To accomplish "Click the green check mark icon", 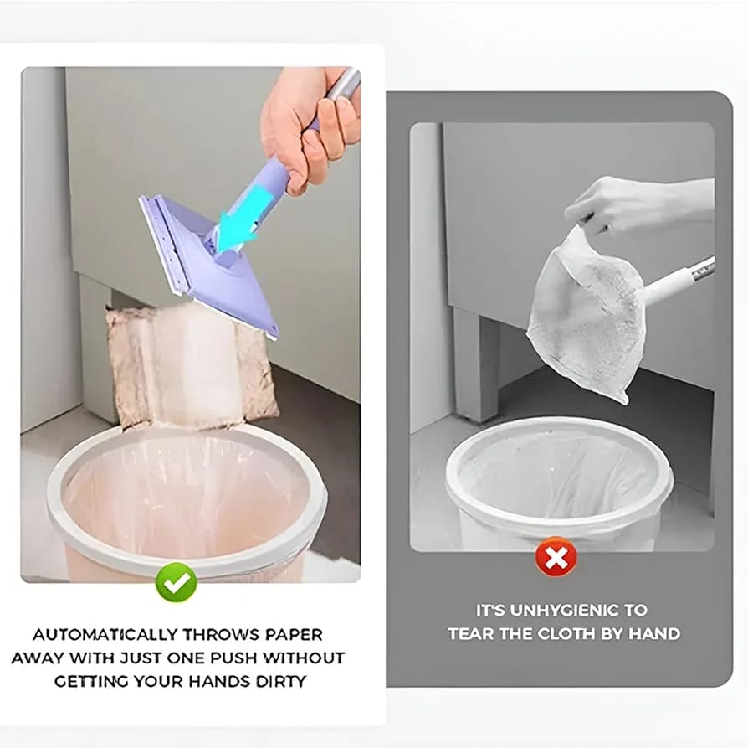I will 177,581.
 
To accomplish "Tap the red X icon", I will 556,555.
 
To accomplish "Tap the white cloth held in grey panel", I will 586,314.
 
